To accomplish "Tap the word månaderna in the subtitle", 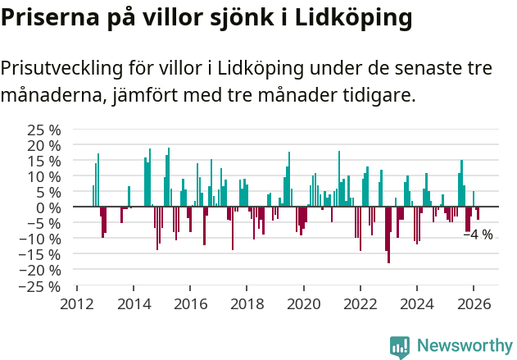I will [x=49, y=95].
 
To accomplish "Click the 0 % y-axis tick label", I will [x=48, y=207].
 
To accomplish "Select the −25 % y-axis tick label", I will [x=41, y=286].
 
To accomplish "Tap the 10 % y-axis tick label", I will [x=44, y=176].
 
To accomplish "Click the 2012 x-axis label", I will [x=76, y=303].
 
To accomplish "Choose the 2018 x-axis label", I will [x=247, y=303].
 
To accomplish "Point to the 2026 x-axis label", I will [x=474, y=303].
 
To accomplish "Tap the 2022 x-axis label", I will [x=360, y=303].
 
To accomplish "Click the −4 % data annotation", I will [x=478, y=235].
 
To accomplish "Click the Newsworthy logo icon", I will [x=400, y=346].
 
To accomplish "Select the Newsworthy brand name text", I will [x=464, y=345].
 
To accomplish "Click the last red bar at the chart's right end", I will [x=478, y=213].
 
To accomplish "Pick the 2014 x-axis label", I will [x=133, y=303].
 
